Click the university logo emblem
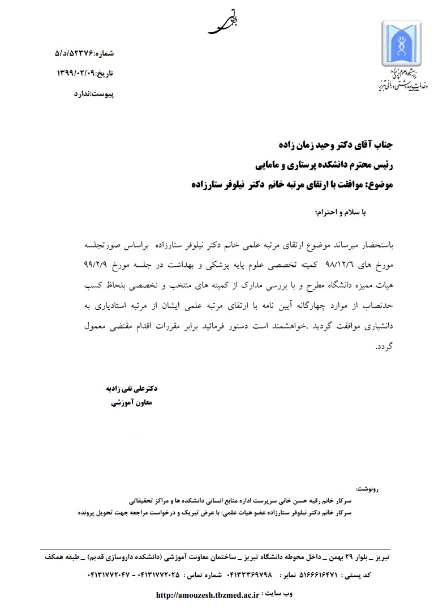point(401,44)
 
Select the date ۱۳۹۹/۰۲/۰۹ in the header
point(78,73)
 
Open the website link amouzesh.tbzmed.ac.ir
point(207,595)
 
